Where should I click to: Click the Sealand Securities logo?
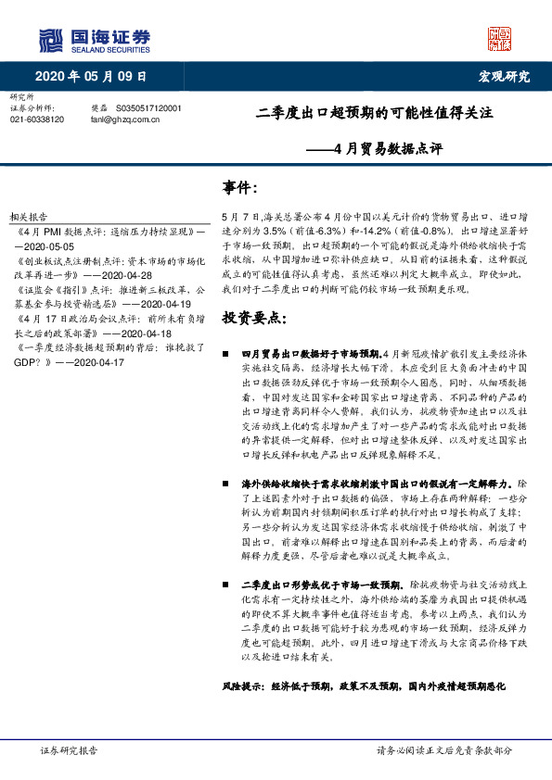coord(94,39)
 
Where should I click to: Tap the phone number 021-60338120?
coord(37,120)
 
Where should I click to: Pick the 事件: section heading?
coord(240,188)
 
